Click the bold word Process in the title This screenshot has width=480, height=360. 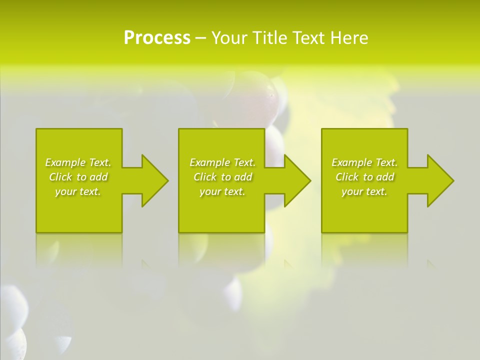pos(157,38)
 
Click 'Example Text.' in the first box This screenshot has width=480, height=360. pos(78,162)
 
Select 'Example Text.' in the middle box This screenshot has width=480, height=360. pos(222,162)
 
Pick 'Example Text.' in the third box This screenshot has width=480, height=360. pos(364,162)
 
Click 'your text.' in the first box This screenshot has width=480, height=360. pos(78,191)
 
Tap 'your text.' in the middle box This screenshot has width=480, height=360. pos(222,191)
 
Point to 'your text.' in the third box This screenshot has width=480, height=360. pos(364,191)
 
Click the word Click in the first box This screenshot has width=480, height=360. pos(60,177)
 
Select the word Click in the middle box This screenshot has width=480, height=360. pos(205,177)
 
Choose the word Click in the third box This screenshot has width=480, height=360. pos(347,177)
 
